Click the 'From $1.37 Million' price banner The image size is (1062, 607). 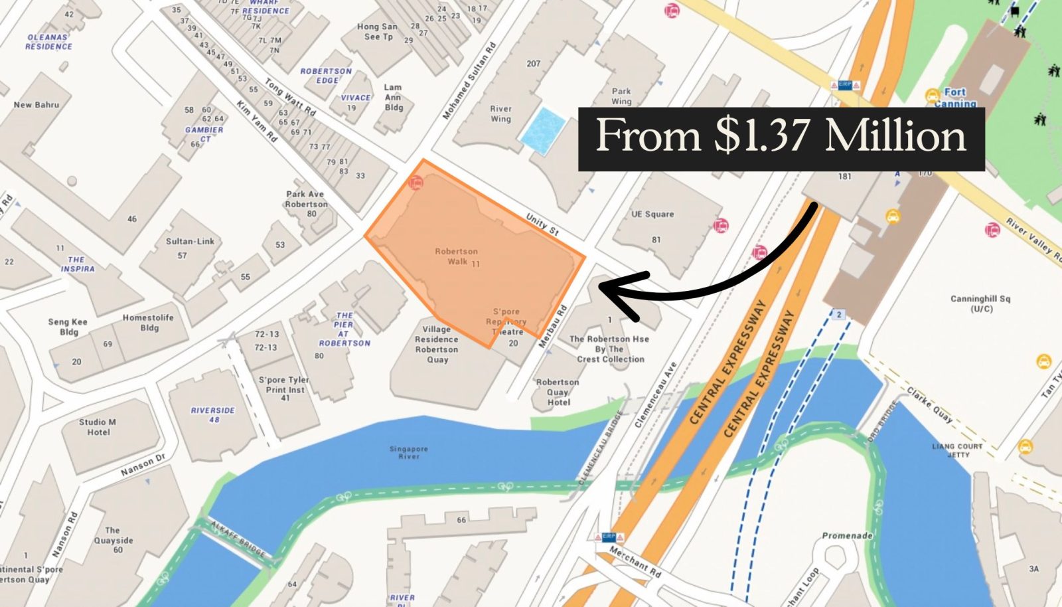click(781, 137)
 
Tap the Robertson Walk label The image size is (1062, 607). click(456, 256)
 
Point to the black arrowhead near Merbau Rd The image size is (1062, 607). click(614, 290)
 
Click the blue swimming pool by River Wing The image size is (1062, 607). click(543, 131)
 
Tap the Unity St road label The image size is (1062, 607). click(542, 224)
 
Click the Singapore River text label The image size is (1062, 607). click(408, 452)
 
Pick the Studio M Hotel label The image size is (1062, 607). click(98, 427)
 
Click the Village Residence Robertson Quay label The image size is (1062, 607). click(436, 344)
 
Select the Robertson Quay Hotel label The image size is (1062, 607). click(558, 392)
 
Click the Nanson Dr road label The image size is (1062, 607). click(143, 466)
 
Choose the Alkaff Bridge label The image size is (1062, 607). click(237, 539)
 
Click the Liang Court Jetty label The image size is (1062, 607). click(957, 450)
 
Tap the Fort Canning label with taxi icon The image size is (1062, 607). click(953, 97)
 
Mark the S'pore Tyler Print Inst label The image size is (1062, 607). click(284, 389)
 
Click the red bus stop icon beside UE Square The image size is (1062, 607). click(720, 226)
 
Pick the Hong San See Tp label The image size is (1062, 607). click(378, 32)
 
